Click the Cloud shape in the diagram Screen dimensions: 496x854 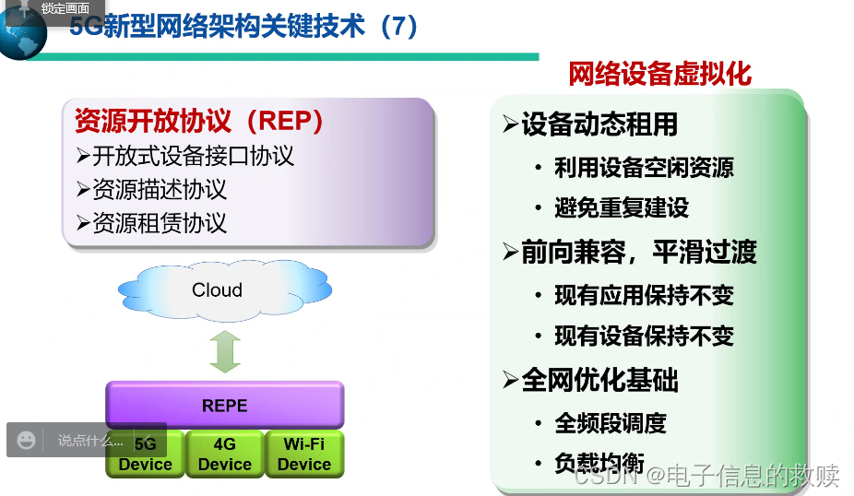point(218,290)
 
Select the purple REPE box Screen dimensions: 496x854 point(224,406)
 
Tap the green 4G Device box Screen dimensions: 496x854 point(224,454)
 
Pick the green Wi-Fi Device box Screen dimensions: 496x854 point(303,454)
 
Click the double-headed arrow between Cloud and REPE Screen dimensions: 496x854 point(224,350)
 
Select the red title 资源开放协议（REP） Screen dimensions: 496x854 point(199,121)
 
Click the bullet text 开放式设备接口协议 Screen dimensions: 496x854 point(193,155)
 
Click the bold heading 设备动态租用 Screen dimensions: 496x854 point(599,124)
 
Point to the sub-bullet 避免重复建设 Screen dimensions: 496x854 point(621,208)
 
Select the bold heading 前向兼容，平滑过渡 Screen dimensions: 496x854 point(638,252)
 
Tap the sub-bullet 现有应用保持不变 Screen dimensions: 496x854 point(644,295)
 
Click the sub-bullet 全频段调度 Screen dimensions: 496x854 point(610,423)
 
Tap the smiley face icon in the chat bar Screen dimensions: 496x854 point(27,440)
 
